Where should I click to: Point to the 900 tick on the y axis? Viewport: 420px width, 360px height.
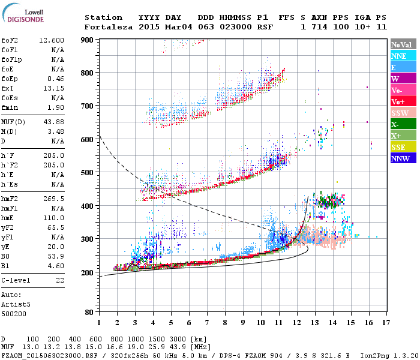(x=88, y=40)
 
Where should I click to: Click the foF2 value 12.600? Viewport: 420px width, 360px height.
(x=52, y=40)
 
